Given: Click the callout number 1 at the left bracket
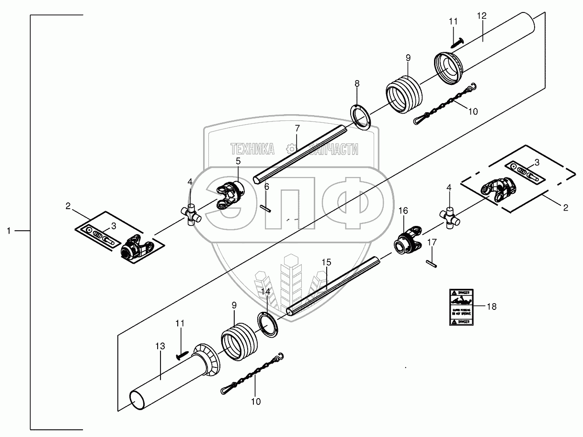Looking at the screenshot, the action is click(9, 231).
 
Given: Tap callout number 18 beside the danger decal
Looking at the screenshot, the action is click(491, 307).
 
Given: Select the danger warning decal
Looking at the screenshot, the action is click(461, 307).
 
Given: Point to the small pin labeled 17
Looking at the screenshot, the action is click(432, 262).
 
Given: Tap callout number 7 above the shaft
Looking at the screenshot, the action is click(297, 128).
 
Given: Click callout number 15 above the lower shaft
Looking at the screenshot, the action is click(326, 262).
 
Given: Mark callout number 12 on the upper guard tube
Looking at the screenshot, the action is click(481, 16).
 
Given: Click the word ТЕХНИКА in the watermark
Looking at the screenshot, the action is click(252, 149).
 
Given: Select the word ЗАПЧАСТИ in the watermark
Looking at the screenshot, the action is click(334, 149).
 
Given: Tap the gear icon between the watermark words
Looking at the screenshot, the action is click(290, 148).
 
